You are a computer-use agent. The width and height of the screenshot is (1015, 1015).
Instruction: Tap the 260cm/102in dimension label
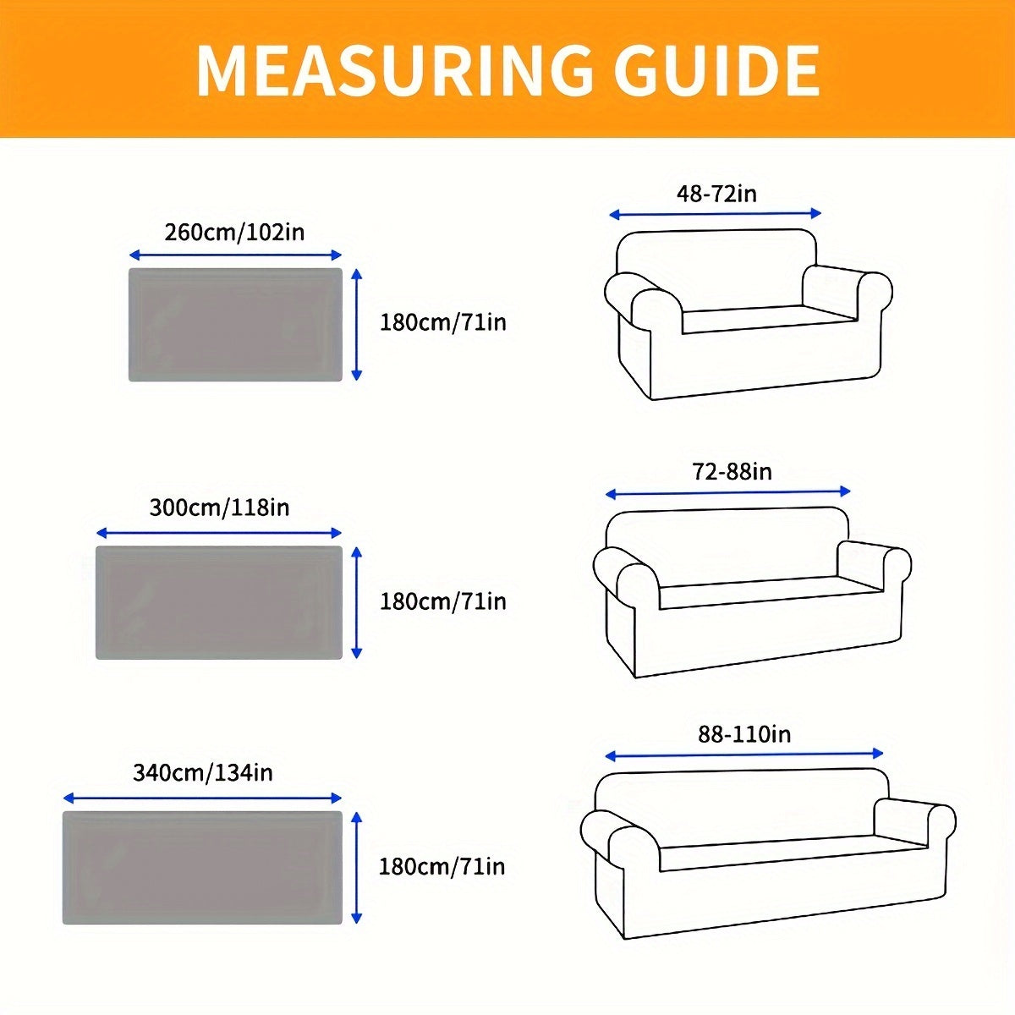click(x=234, y=231)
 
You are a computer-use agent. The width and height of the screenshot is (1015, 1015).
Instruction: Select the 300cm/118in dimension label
click(x=219, y=507)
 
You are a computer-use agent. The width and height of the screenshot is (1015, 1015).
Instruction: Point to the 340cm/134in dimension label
click(x=203, y=772)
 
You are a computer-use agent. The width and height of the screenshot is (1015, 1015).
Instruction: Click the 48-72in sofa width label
click(x=716, y=193)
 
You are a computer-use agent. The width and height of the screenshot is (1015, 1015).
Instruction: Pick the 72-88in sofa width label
click(x=732, y=472)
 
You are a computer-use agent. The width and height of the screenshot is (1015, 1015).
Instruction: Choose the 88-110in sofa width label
click(x=744, y=733)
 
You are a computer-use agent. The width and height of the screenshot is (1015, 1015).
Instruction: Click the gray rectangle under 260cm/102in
click(x=235, y=325)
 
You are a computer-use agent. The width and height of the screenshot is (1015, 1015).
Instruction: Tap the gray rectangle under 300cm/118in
click(x=219, y=602)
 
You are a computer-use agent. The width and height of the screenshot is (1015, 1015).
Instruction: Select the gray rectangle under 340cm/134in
click(x=203, y=868)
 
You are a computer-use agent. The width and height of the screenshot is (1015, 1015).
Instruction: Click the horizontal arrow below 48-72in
click(x=715, y=214)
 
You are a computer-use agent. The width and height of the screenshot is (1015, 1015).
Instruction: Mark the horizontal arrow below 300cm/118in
click(x=219, y=533)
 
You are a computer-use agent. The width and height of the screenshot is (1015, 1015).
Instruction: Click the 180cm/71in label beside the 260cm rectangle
click(x=442, y=322)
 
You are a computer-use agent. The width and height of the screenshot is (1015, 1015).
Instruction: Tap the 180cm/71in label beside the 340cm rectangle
click(x=442, y=866)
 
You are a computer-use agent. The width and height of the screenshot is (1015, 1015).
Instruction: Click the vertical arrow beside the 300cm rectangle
click(x=357, y=602)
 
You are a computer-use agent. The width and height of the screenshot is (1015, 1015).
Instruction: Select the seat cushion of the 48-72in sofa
click(x=765, y=317)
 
